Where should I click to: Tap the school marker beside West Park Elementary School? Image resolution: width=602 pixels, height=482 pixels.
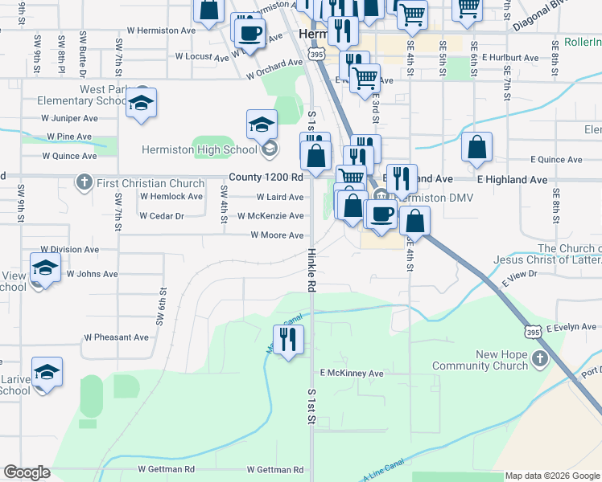(141, 103)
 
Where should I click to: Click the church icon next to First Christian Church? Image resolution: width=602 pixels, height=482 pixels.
(84, 182)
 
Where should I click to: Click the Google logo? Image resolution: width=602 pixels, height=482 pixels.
(27, 472)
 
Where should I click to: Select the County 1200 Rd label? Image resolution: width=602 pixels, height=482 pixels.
(265, 177)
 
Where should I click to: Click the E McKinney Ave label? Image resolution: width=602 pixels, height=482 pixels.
(352, 374)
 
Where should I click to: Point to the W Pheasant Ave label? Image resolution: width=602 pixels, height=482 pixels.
(116, 337)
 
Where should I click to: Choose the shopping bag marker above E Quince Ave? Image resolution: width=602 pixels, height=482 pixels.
(476, 148)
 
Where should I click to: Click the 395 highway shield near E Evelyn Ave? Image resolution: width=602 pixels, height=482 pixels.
(534, 330)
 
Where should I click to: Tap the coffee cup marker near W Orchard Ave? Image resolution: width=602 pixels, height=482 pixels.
(248, 33)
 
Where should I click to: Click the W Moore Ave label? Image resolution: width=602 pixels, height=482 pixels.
(277, 235)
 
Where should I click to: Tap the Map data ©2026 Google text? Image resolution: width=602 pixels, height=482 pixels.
(552, 476)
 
